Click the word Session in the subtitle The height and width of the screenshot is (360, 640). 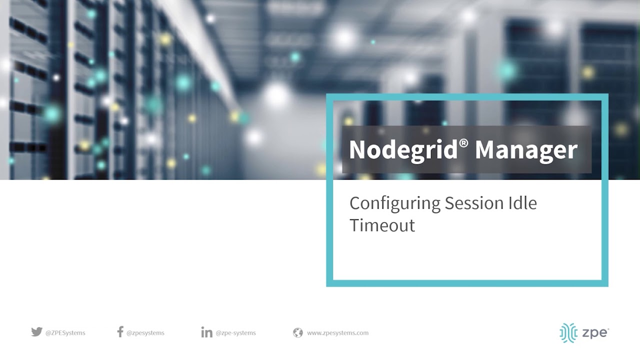pos(467,203)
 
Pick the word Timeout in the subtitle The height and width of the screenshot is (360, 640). pos(382,225)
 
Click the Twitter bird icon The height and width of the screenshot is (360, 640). pos(36,332)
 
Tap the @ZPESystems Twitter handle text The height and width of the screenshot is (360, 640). pos(65,333)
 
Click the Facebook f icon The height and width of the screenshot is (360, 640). pos(120,332)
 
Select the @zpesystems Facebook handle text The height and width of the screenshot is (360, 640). pos(145,333)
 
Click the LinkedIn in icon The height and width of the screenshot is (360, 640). pos(206,332)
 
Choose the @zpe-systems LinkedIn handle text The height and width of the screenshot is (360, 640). pos(235,333)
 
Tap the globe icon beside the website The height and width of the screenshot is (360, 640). pos(298,332)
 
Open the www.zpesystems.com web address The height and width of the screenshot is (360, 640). pos(337,333)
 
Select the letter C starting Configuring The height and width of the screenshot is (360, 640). pos(354,203)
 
